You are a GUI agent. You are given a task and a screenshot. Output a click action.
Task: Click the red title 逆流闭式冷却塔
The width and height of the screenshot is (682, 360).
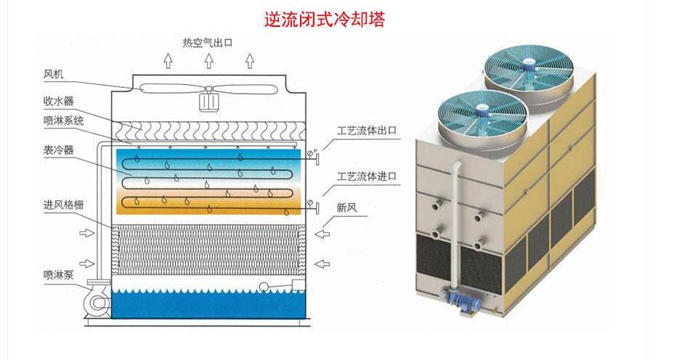325,18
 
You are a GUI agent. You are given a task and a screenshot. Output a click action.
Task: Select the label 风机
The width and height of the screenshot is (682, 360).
54,74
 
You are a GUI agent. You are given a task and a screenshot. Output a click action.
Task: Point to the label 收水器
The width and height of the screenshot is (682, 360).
58,101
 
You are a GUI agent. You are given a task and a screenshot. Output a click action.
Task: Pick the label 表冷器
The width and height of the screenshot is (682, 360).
58,151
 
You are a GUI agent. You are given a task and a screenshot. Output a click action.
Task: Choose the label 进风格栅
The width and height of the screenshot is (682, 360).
63,205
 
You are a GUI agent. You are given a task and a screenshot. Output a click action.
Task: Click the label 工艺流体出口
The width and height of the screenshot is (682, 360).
367,131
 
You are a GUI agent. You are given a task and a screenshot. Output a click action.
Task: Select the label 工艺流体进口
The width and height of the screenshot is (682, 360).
367,176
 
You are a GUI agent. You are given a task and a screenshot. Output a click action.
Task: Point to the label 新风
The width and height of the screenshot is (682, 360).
346,207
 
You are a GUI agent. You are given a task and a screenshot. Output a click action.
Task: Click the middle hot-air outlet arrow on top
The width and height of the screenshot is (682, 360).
208,60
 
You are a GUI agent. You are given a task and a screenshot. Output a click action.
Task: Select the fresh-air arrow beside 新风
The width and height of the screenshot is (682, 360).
325,234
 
